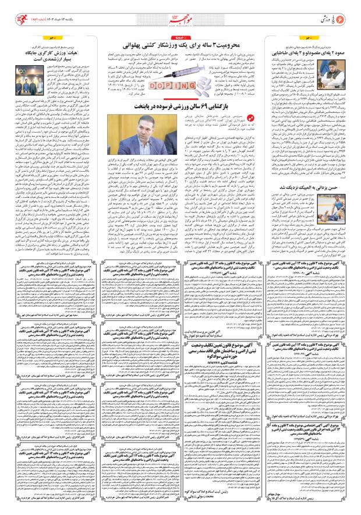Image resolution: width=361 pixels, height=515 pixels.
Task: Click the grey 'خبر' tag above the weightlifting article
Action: pyautogui.click(x=347, y=37)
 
